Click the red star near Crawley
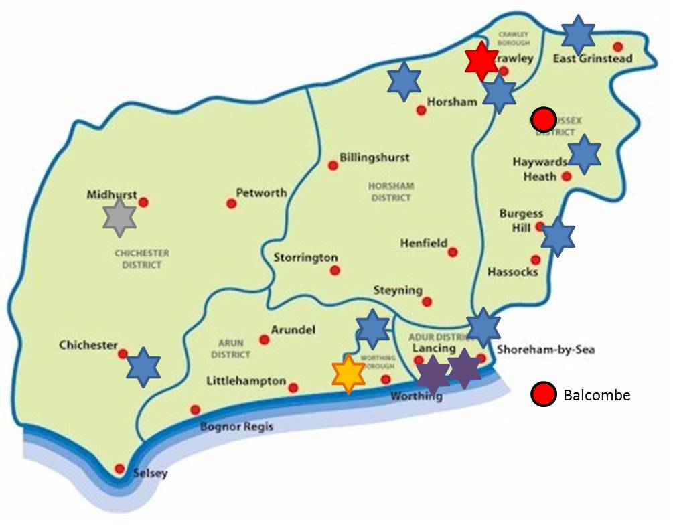pyautogui.click(x=481, y=60)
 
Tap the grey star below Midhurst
pyautogui.click(x=120, y=217)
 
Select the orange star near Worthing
pyautogui.click(x=348, y=374)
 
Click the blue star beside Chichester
pyautogui.click(x=143, y=366)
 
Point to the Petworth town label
pyautogui.click(x=261, y=192)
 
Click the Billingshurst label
pyautogui.click(x=374, y=158)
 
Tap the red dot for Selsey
pyautogui.click(x=120, y=469)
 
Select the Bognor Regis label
pyautogui.click(x=238, y=427)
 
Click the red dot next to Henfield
pyautogui.click(x=453, y=252)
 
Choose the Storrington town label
pyautogui.click(x=305, y=258)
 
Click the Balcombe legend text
pyautogui.click(x=597, y=395)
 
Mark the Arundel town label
pyautogui.click(x=293, y=330)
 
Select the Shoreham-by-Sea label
pyautogui.click(x=546, y=349)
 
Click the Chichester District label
pyautogui.click(x=142, y=259)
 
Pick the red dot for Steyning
pyautogui.click(x=427, y=301)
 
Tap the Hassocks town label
pyautogui.click(x=512, y=272)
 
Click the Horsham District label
pyautogui.click(x=392, y=192)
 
